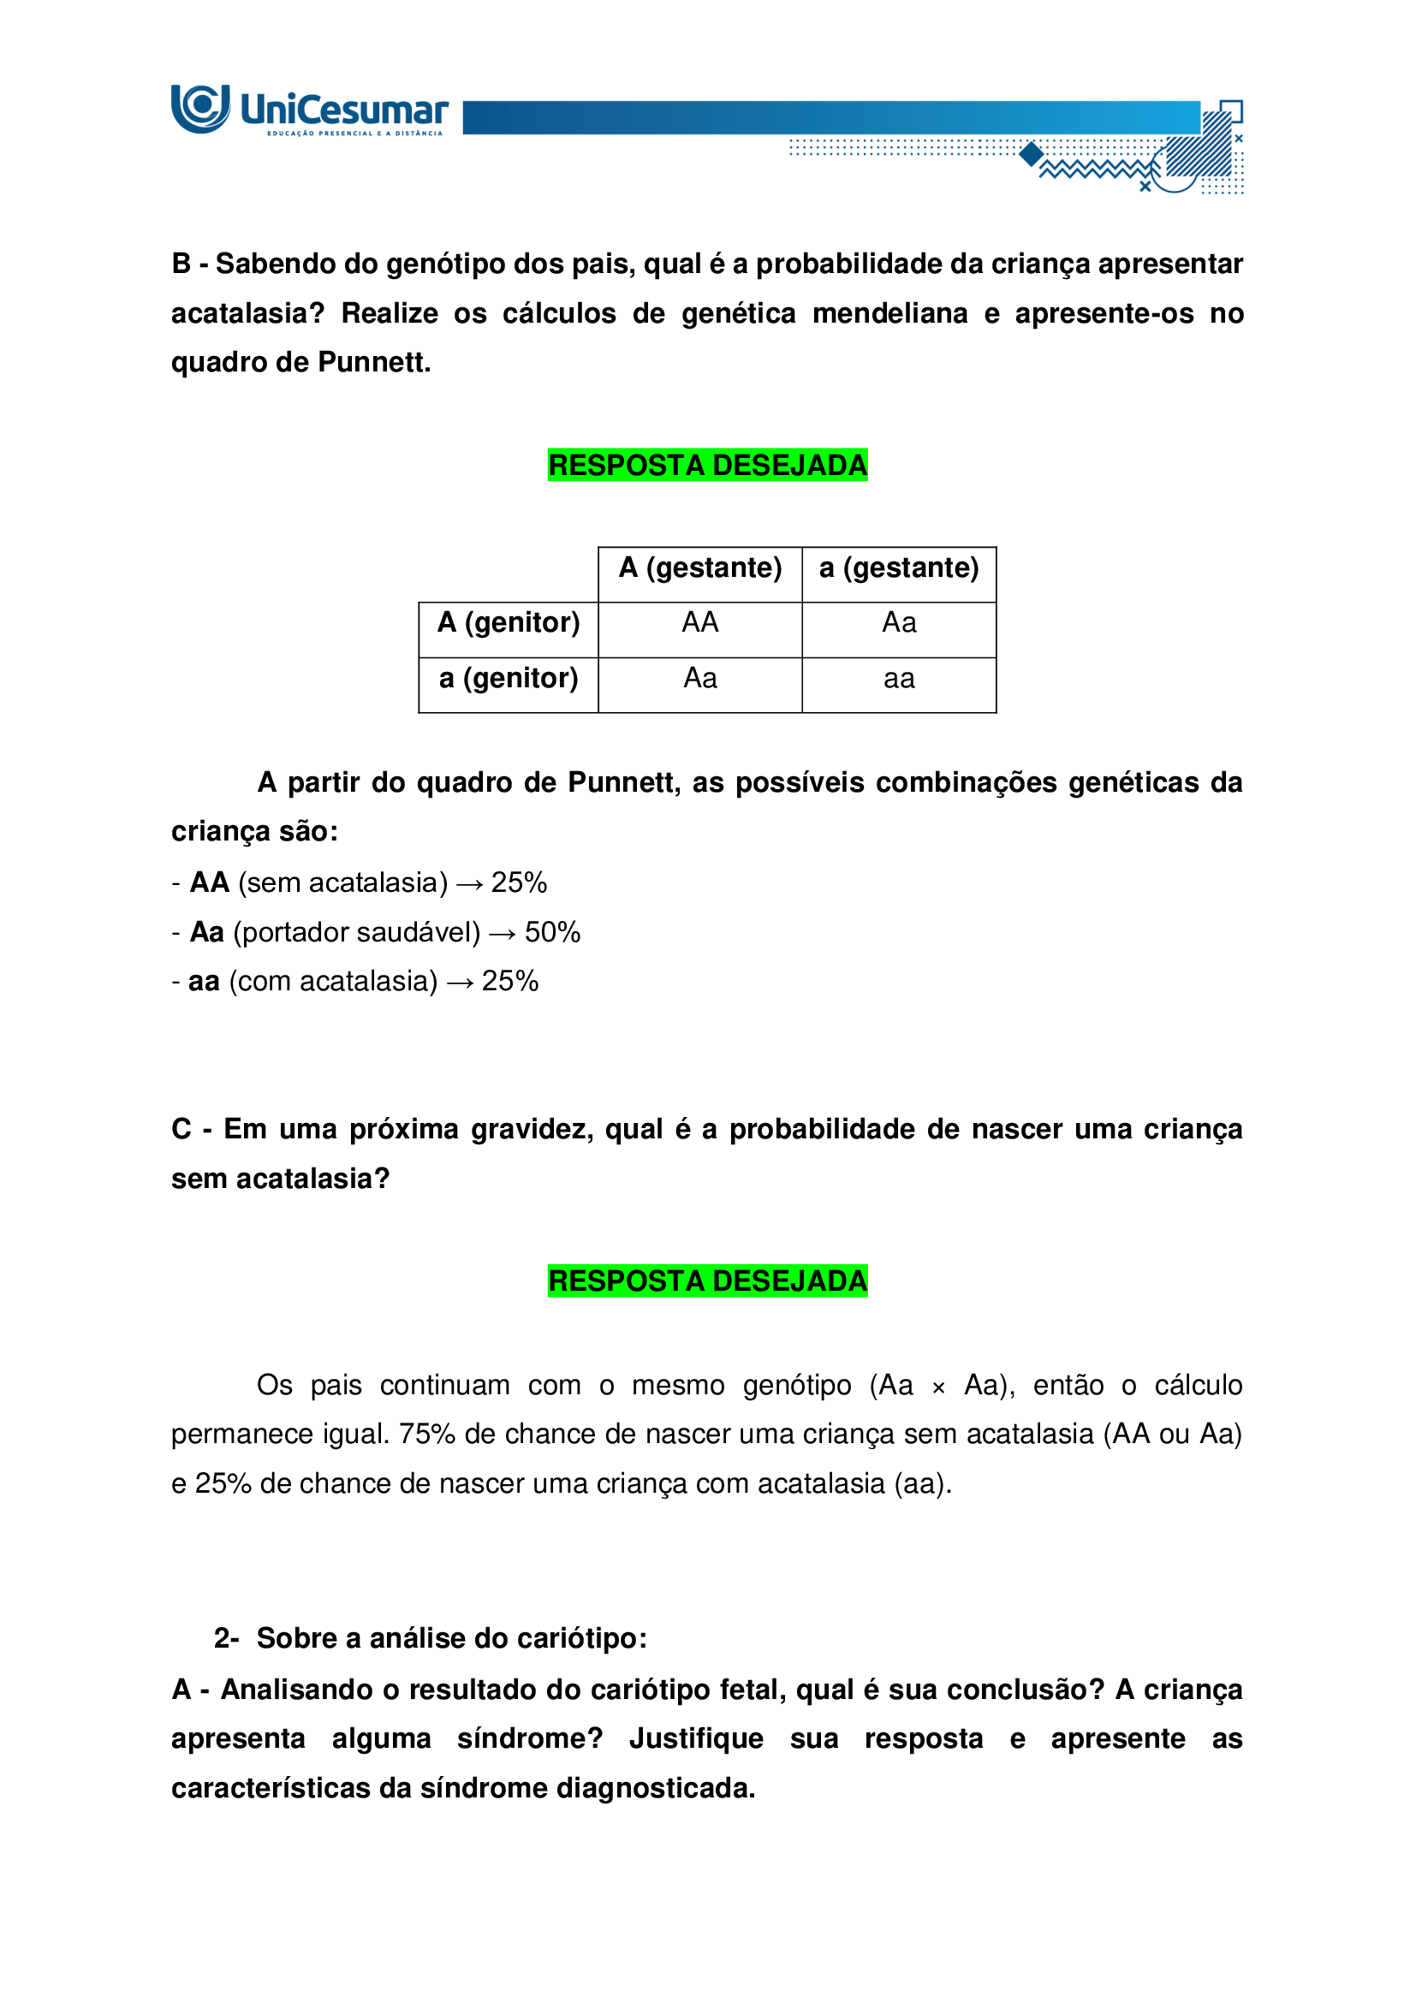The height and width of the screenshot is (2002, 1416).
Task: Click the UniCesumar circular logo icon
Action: coord(199,108)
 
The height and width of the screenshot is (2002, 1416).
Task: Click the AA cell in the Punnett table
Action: coord(699,622)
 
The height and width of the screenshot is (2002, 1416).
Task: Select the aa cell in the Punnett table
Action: coord(898,679)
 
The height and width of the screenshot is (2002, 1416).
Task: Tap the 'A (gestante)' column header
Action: coord(699,567)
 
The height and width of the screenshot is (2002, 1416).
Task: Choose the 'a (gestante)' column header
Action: coord(898,567)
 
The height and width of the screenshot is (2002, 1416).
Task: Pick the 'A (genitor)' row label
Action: coord(509,622)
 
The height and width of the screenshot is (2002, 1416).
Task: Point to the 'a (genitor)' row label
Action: coord(509,679)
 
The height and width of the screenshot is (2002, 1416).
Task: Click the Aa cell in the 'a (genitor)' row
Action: coord(699,679)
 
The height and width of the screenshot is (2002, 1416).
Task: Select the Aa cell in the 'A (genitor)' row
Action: coord(898,622)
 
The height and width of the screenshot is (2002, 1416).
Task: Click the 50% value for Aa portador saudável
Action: coord(552,932)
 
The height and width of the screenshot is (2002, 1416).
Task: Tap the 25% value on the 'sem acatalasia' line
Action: coord(519,882)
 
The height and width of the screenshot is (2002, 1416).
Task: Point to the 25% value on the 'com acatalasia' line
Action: coord(510,981)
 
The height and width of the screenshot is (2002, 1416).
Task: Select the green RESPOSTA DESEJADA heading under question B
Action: coord(707,466)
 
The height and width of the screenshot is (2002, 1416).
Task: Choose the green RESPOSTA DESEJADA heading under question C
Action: coord(707,1281)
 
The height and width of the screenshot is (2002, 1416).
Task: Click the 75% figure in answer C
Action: coord(427,1434)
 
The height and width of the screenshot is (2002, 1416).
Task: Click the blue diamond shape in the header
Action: coord(1032,154)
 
